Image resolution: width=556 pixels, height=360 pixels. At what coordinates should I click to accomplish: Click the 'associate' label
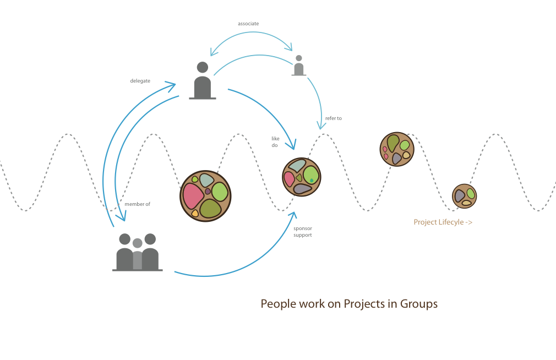tap(248, 24)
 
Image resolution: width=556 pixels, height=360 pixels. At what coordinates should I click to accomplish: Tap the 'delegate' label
tap(140, 81)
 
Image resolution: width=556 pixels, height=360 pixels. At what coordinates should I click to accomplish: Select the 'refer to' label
tap(333, 118)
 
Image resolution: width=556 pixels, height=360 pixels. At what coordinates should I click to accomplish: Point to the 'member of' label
tap(137, 204)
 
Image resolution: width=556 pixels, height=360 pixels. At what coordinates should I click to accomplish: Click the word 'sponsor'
tap(303, 228)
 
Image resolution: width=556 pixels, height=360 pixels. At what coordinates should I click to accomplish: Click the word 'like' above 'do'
tap(275, 138)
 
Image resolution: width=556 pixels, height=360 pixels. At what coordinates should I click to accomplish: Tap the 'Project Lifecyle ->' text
tap(443, 222)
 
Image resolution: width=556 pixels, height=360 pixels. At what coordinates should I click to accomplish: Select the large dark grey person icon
tap(203, 83)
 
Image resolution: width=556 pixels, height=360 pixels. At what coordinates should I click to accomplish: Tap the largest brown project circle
tap(205, 196)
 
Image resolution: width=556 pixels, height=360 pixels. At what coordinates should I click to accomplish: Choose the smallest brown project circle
tap(464, 196)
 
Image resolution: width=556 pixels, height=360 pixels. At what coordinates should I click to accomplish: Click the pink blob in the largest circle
tap(193, 196)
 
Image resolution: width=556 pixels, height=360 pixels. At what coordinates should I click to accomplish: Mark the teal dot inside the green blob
tap(312, 180)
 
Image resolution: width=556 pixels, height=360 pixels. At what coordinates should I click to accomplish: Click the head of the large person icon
tap(203, 67)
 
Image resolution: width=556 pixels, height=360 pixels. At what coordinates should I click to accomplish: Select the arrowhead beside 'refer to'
tap(321, 126)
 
